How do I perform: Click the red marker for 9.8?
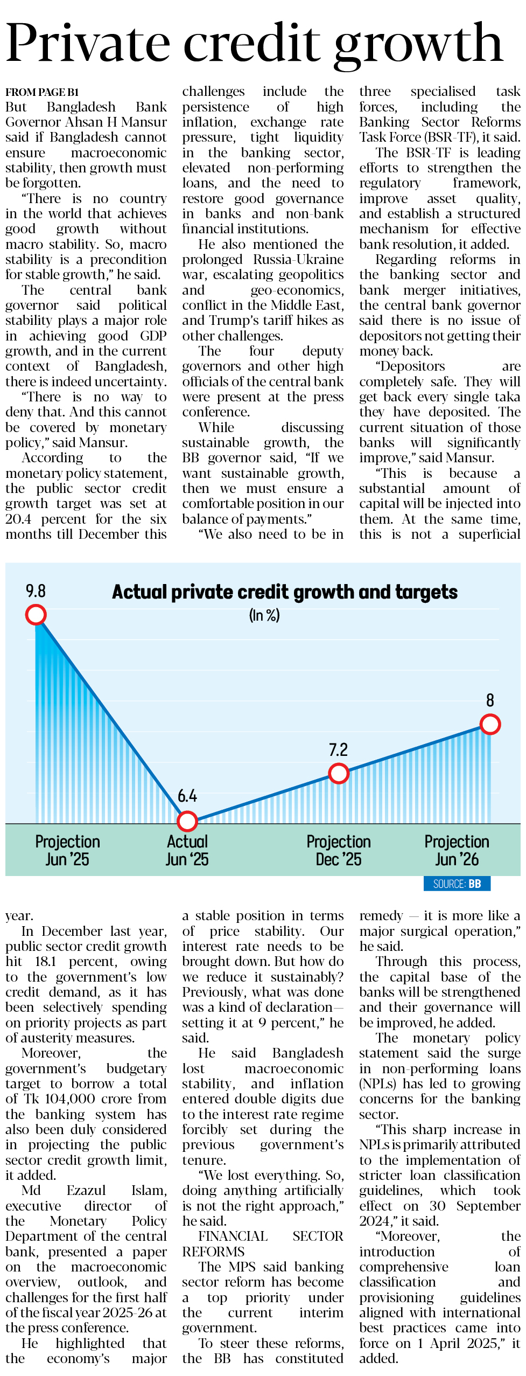click(x=36, y=614)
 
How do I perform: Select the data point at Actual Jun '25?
click(x=187, y=821)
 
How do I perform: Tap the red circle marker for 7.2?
click(x=339, y=774)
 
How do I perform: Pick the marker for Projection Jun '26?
click(x=490, y=724)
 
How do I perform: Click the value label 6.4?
click(x=187, y=796)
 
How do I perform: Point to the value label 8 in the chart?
click(x=490, y=700)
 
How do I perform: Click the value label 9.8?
click(x=36, y=591)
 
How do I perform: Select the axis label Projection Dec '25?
click(x=339, y=850)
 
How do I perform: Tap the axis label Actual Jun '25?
click(x=187, y=850)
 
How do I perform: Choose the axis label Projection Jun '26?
click(x=457, y=850)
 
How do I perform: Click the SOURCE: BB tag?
click(x=457, y=884)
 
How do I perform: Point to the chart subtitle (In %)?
click(x=264, y=615)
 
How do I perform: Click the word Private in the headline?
click(x=88, y=43)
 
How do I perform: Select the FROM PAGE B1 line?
click(x=42, y=92)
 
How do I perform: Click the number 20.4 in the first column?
click(x=18, y=519)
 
